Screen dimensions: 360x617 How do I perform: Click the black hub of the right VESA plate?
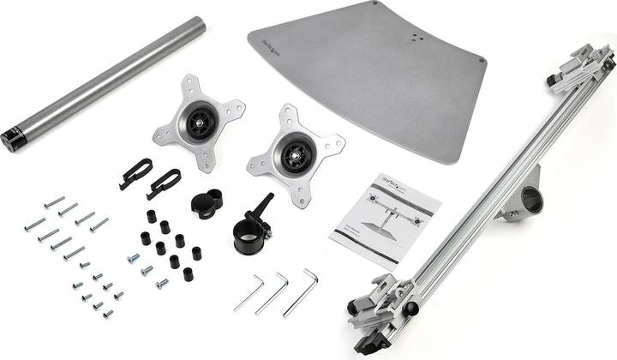pos(297,158)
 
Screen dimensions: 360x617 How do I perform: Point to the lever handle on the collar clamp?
pos(261,206)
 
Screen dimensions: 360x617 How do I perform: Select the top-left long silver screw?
pos(54,201)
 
